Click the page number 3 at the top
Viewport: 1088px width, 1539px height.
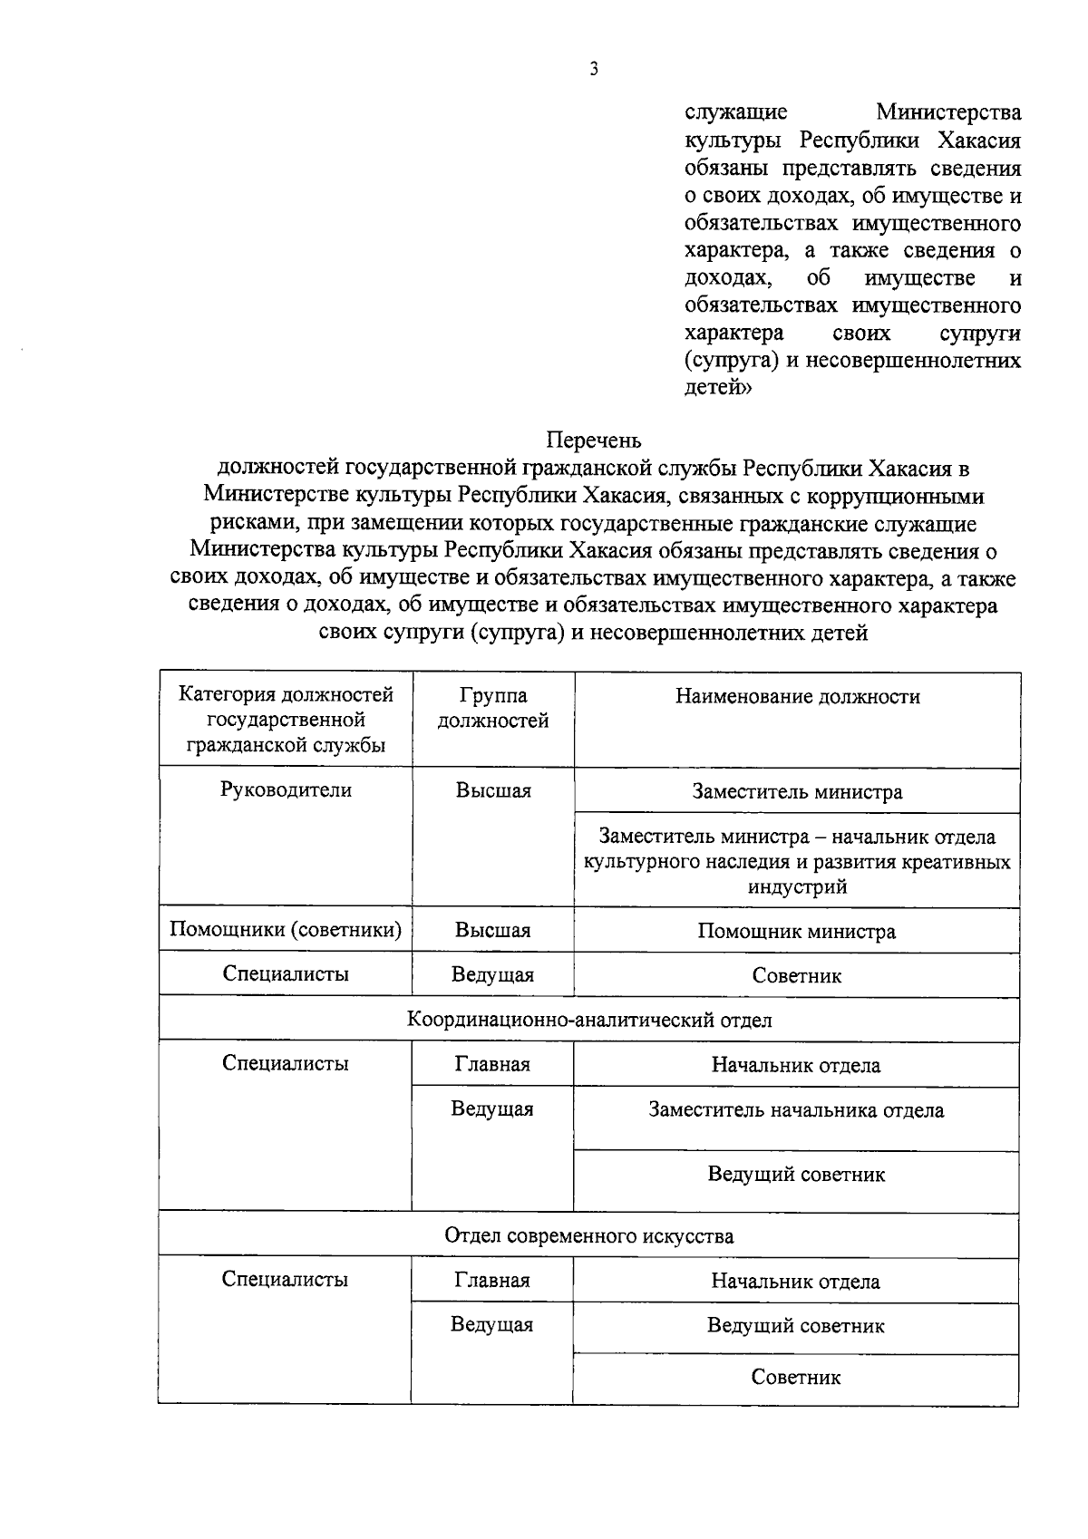[594, 70]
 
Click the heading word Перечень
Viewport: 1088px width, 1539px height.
[594, 440]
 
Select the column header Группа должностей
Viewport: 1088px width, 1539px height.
[493, 708]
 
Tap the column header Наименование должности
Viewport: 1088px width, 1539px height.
[797, 696]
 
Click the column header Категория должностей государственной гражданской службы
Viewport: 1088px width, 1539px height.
[286, 720]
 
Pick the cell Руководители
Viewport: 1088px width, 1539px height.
[286, 789]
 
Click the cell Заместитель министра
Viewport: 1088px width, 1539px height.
[797, 791]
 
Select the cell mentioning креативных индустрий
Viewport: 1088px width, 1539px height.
[797, 861]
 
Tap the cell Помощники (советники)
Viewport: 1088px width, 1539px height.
[286, 930]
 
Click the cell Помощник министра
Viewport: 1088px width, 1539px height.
[797, 932]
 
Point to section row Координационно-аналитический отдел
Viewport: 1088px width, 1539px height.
[589, 1020]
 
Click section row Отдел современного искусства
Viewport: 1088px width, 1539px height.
[589, 1235]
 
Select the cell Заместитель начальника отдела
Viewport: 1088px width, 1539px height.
[797, 1110]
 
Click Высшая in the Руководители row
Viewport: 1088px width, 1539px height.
[493, 790]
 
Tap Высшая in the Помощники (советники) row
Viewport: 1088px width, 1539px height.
[493, 931]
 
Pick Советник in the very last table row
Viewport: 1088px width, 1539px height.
[796, 1378]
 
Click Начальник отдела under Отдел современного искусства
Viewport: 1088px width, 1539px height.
[796, 1282]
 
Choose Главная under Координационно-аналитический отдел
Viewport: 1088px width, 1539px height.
[492, 1064]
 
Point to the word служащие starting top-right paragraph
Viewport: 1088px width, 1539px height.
[736, 113]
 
